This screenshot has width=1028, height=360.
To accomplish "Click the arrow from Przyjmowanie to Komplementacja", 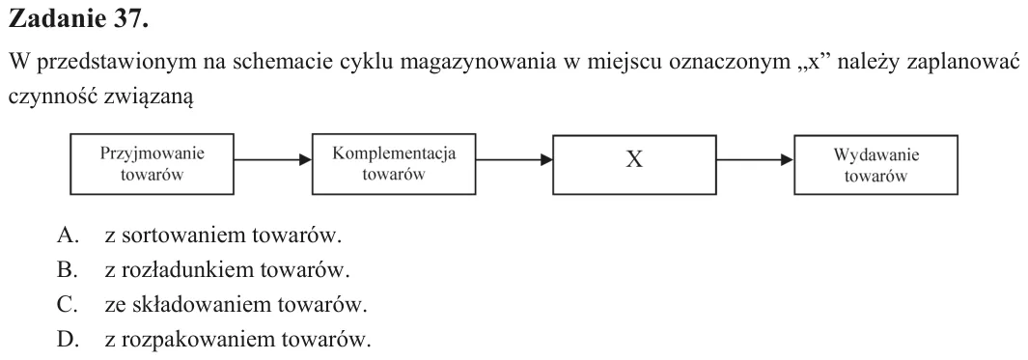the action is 273,159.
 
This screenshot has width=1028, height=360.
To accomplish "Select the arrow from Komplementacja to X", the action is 514,159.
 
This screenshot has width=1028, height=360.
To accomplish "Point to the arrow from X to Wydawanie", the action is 755,159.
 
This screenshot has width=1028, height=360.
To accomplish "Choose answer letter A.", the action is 68,235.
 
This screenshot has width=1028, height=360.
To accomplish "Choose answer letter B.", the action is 68,270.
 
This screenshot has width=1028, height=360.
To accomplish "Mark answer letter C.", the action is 68,305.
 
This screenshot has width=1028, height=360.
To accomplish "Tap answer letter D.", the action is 68,340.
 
